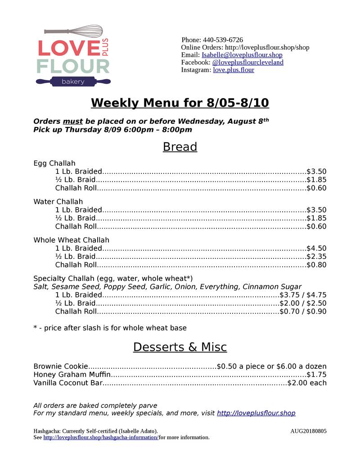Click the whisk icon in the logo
[x=74, y=32]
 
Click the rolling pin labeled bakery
[x=73, y=81]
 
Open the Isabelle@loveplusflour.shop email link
[x=242, y=55]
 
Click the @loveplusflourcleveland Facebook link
[x=247, y=62]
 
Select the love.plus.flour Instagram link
[x=233, y=70]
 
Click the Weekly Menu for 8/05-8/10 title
[x=180, y=103]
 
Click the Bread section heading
[x=180, y=147]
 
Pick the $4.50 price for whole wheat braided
[x=316, y=248]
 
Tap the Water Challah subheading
[x=58, y=201]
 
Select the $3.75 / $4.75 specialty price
[x=303, y=295]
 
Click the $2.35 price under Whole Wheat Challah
[x=316, y=257]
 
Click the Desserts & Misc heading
[x=180, y=347]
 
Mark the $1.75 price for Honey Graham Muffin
[x=316, y=375]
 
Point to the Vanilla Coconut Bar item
[x=68, y=383]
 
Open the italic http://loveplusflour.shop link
[x=256, y=413]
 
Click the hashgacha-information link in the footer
[x=101, y=438]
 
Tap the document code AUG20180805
[x=308, y=431]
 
